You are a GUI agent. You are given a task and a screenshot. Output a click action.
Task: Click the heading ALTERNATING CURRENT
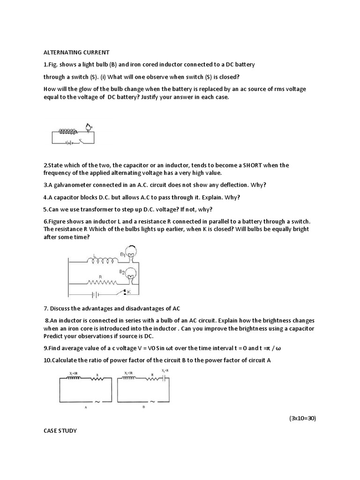76,52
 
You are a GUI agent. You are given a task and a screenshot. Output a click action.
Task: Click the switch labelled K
126,293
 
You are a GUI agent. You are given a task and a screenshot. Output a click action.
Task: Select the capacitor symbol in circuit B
163,378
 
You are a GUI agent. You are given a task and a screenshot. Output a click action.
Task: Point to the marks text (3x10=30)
302,418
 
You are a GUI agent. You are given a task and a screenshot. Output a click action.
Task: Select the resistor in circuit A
97,378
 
